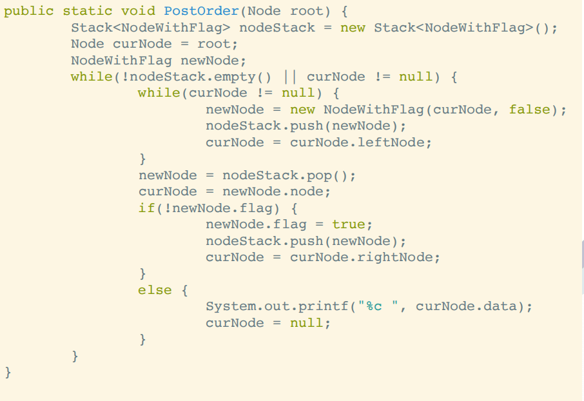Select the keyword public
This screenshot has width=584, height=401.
tap(29, 11)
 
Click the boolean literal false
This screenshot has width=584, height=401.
tap(529, 110)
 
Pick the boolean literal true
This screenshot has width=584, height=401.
tap(349, 224)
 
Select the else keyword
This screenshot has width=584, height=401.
tap(155, 290)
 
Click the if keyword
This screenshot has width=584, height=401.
tap(146, 208)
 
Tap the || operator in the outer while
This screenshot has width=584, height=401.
tap(290, 77)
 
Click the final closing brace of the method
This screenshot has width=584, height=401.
tap(8, 372)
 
